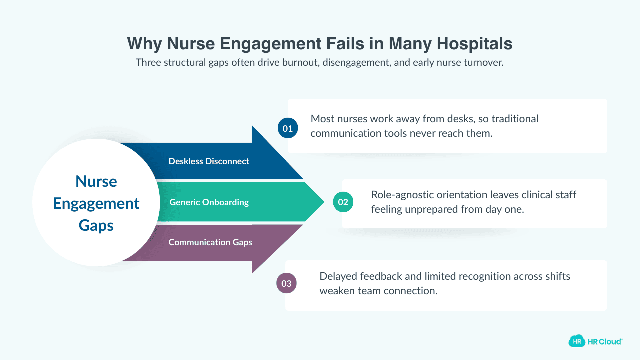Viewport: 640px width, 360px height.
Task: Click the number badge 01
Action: (x=288, y=128)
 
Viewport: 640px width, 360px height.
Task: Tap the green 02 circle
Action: (x=343, y=202)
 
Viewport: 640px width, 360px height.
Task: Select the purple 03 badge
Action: (x=286, y=284)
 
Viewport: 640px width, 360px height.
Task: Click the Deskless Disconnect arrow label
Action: (x=209, y=161)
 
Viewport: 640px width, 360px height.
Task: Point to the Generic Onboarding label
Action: (x=209, y=202)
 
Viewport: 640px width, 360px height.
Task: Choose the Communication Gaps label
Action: (x=210, y=242)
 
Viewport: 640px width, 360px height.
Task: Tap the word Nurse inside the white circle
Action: (x=96, y=181)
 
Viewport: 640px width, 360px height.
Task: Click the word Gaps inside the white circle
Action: (x=96, y=225)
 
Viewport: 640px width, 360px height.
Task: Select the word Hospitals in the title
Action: (x=475, y=44)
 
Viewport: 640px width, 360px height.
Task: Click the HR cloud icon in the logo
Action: (x=577, y=341)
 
